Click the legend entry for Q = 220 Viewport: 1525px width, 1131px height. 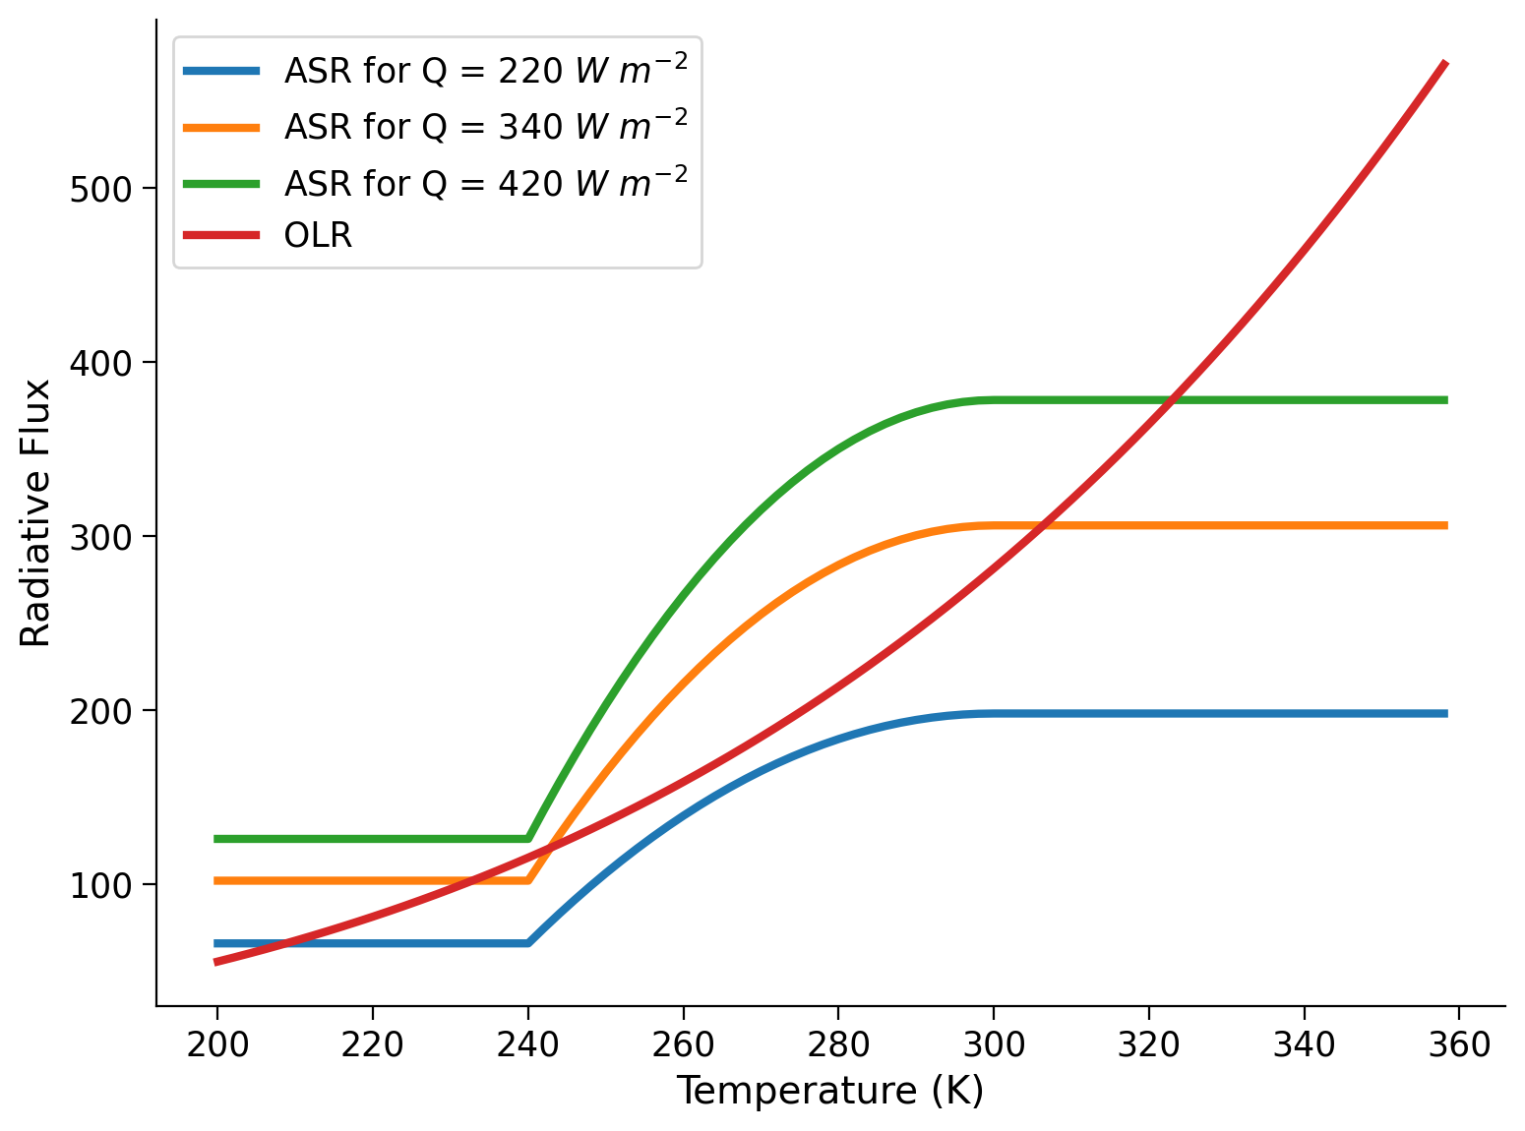(485, 71)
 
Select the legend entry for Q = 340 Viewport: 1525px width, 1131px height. (485, 126)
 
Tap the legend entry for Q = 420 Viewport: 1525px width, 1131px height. (485, 182)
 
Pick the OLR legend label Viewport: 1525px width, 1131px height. (318, 236)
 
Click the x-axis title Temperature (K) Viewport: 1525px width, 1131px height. (829, 1092)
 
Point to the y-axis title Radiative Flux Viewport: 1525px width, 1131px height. (36, 513)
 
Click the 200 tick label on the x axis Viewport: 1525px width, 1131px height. (217, 1044)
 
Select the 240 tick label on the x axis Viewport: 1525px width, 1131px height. (528, 1044)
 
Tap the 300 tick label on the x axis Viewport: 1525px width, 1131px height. (994, 1044)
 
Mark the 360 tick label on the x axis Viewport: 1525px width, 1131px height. (1459, 1044)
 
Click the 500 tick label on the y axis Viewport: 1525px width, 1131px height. (101, 189)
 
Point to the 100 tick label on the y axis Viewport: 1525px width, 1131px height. (101, 884)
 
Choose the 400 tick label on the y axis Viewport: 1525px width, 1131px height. (101, 363)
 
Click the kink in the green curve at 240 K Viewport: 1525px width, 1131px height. (528, 839)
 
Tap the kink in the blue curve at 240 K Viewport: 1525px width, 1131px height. (528, 943)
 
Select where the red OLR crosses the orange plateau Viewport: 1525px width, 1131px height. (1041, 525)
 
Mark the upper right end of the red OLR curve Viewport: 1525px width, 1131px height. (1445, 63)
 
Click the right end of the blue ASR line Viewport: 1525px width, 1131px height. (1445, 713)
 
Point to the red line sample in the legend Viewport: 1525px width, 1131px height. (222, 236)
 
